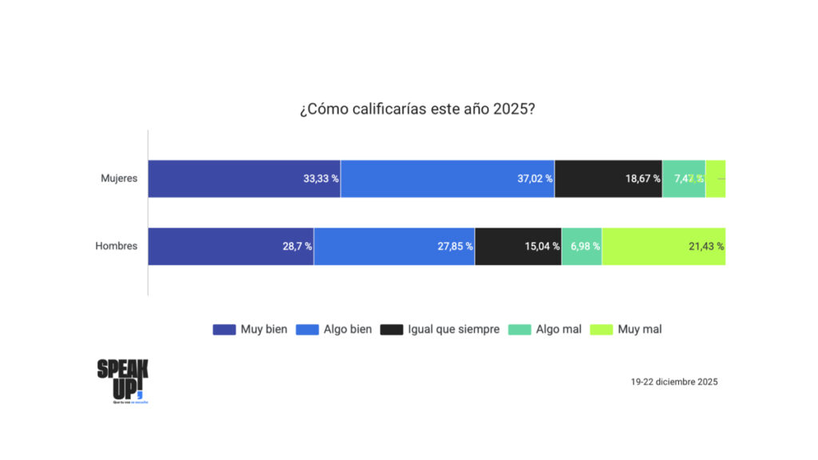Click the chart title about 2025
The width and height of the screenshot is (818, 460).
point(417,109)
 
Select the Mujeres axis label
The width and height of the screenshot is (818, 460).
point(119,178)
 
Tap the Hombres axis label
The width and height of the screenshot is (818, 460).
point(117,246)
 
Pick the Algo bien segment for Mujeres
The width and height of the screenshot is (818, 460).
point(447,178)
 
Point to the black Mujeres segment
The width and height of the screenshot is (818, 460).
point(608,178)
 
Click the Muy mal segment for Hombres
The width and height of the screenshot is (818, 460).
point(663,246)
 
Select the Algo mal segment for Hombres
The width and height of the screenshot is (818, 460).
point(582,246)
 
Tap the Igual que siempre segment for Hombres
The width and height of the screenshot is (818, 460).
point(518,246)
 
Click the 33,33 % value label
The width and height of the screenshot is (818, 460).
point(320,179)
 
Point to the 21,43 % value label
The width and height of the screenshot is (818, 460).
point(705,247)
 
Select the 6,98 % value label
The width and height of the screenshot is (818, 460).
point(582,247)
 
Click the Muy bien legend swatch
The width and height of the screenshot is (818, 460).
point(224,329)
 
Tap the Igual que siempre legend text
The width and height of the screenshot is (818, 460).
point(453,329)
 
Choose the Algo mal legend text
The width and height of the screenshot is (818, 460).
point(558,329)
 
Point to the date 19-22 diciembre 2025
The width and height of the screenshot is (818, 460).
point(673,382)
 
